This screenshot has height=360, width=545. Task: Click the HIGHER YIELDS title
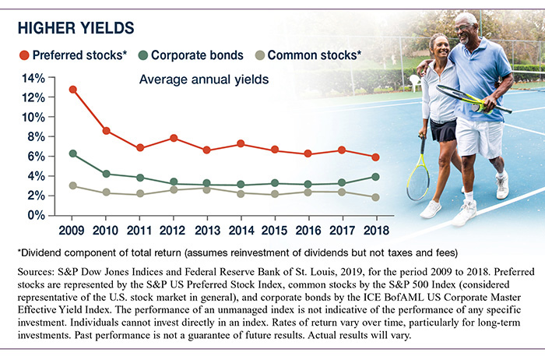pos(76,29)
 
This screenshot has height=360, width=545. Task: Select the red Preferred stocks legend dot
pos(23,56)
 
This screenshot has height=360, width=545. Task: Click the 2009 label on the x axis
pos(72,230)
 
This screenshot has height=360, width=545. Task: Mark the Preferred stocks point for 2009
pos(72,90)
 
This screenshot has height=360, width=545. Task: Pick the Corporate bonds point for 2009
pos(72,154)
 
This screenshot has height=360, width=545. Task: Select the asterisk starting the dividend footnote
pos(19,252)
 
